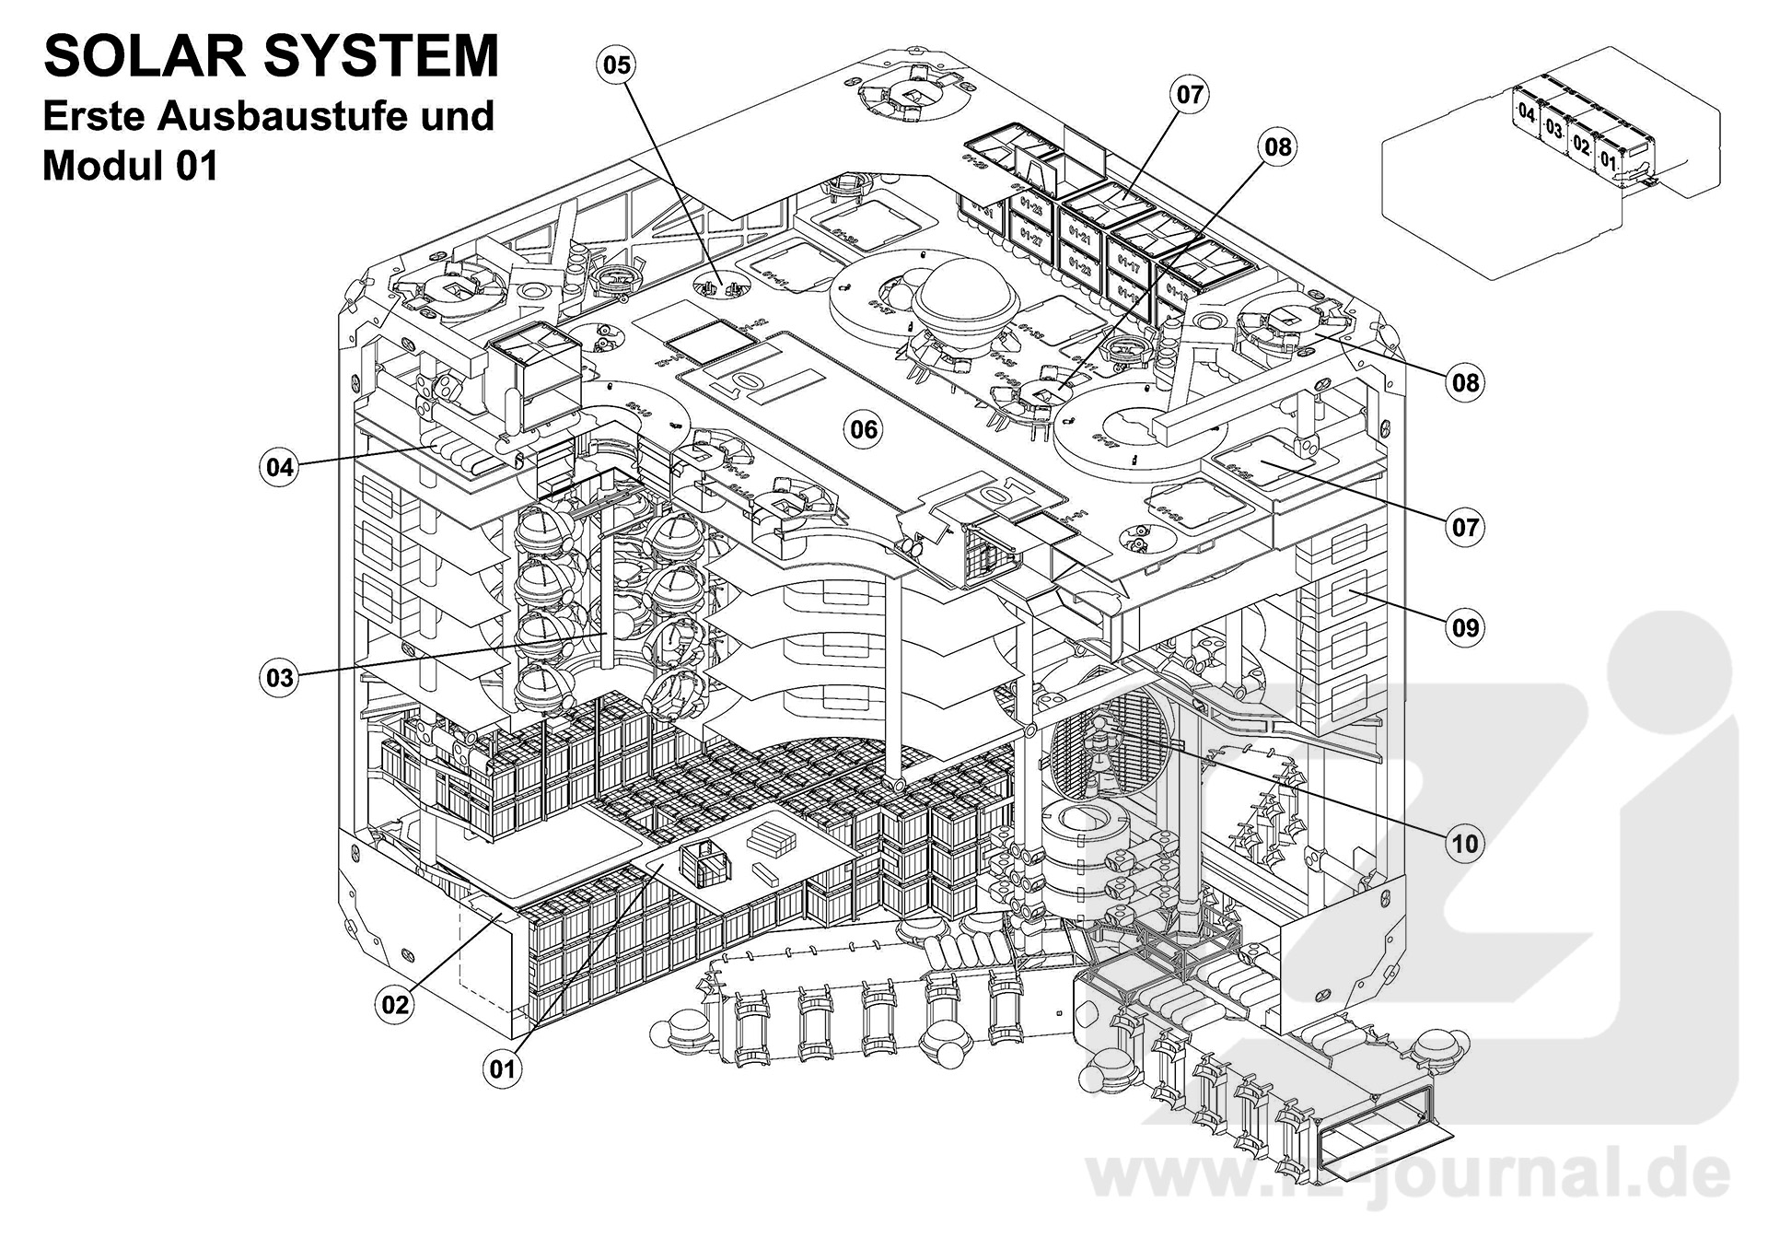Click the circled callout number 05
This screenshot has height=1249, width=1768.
coord(617,64)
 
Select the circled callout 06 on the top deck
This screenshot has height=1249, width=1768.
coord(864,429)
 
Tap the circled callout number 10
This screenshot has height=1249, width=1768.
coord(1464,843)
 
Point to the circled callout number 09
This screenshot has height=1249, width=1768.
coord(1465,627)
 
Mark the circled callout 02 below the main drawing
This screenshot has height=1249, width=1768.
coord(395,1004)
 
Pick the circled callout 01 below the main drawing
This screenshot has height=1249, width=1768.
coord(502,1068)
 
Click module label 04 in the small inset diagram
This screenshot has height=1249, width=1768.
coord(1527,114)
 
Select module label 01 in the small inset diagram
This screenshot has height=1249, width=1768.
coord(1608,158)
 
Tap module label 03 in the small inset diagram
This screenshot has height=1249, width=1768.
coord(1554,128)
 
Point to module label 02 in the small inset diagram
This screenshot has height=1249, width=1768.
coord(1581,144)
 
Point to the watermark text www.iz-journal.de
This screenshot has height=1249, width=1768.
coord(1409,1174)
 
